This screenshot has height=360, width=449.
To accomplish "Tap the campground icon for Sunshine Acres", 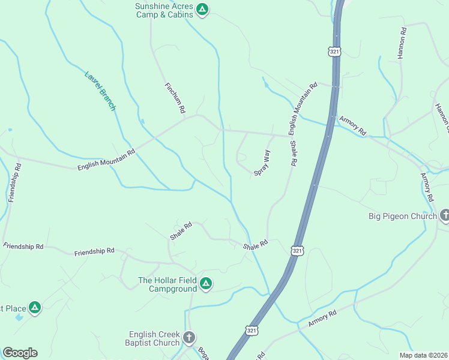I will click(x=203, y=10).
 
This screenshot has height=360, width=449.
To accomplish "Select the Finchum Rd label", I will click(x=175, y=98).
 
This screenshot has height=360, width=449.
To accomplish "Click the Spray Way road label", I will click(x=262, y=163).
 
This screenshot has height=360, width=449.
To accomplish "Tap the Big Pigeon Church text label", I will click(x=402, y=216).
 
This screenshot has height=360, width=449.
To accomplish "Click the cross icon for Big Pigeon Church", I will click(x=445, y=215).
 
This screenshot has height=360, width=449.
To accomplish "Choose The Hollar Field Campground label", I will click(x=167, y=284).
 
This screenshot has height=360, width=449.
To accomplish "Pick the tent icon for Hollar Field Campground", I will click(x=206, y=283).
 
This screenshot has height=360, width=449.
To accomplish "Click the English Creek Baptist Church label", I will click(x=154, y=338).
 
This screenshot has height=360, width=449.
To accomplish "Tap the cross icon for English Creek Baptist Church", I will click(x=189, y=337).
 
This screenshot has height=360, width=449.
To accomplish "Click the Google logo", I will click(x=20, y=353).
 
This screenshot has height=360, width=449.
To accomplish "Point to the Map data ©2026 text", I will click(x=423, y=355).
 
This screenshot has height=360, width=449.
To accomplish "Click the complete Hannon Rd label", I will click(x=402, y=43).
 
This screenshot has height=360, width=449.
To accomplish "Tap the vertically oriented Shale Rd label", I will click(x=294, y=153).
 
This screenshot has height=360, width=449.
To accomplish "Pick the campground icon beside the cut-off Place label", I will click(x=35, y=308).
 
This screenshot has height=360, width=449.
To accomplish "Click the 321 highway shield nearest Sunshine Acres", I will click(x=335, y=51).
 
